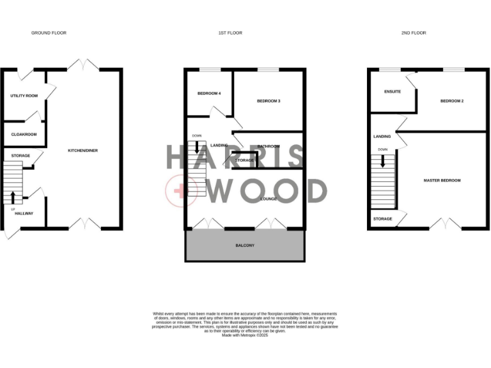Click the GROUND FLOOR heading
point(49,33)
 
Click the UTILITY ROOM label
point(24,96)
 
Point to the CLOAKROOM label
point(24,134)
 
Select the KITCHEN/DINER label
point(82,150)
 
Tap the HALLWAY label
point(24,213)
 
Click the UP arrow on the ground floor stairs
point(13,196)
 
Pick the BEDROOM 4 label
point(208,94)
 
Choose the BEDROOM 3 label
point(269,101)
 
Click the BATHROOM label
point(269,146)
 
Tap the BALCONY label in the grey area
point(245,245)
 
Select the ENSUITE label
point(393,91)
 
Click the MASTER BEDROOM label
point(442,180)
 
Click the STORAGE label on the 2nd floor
point(382,218)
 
